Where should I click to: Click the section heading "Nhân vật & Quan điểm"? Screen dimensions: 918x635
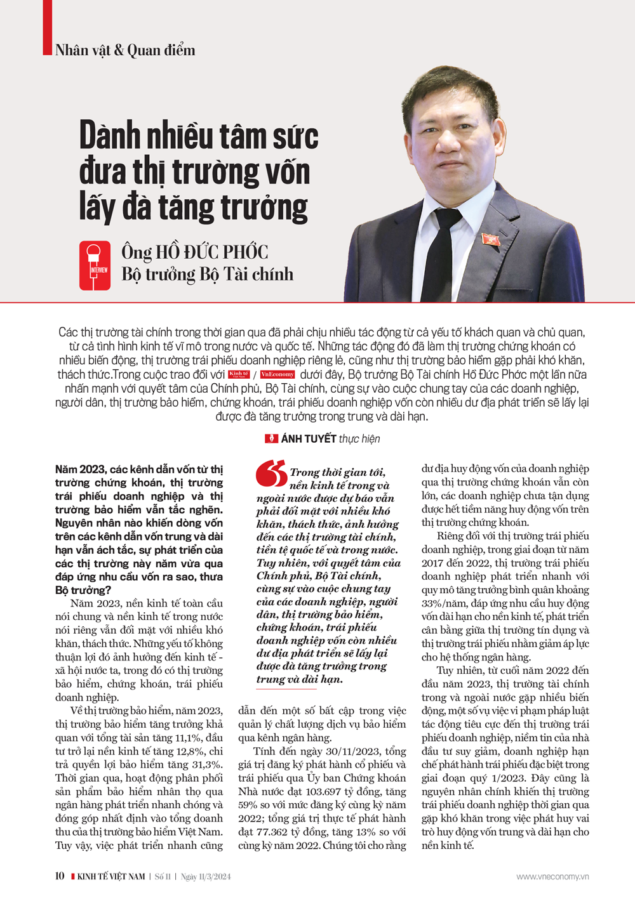click(x=125, y=50)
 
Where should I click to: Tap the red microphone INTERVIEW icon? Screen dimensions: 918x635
click(x=95, y=265)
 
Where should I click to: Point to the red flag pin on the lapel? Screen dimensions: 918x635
click(x=490, y=239)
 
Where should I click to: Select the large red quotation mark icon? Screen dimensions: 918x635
click(x=271, y=473)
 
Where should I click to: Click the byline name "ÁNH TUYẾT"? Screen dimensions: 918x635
click(x=309, y=438)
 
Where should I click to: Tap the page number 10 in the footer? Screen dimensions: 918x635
click(x=60, y=876)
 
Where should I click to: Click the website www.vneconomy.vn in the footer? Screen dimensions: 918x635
click(x=552, y=877)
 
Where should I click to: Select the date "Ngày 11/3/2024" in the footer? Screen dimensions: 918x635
click(x=205, y=877)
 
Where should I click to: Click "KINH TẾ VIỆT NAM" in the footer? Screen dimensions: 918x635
click(x=111, y=877)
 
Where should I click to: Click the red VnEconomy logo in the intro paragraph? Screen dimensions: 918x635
click(x=277, y=374)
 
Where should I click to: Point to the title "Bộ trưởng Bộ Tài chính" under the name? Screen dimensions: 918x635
click(x=208, y=274)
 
